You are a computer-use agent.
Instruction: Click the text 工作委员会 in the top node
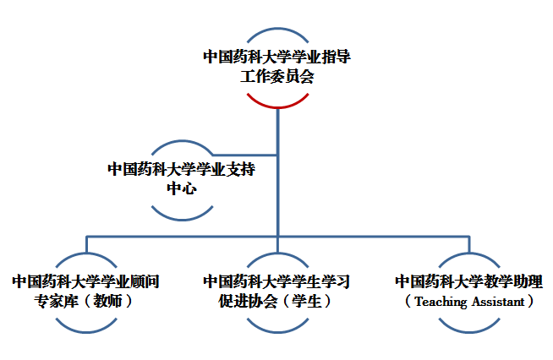pyautogui.click(x=277, y=77)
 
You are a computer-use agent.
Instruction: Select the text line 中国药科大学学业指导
pyautogui.click(x=277, y=57)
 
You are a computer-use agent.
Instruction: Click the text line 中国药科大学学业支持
pyautogui.click(x=182, y=168)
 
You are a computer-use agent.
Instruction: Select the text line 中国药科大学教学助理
pyautogui.click(x=469, y=281)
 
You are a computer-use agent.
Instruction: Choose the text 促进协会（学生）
pyautogui.click(x=277, y=301)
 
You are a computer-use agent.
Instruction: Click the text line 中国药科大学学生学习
pyautogui.click(x=277, y=281)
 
